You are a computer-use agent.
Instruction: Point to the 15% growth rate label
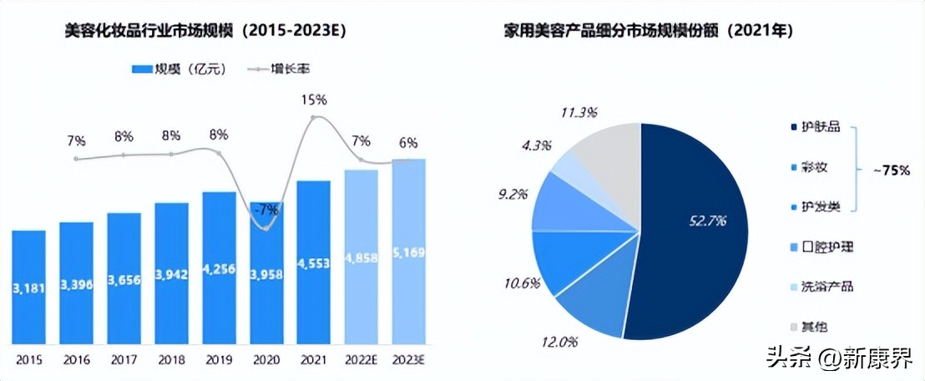315,99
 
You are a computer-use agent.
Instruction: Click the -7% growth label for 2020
266,209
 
